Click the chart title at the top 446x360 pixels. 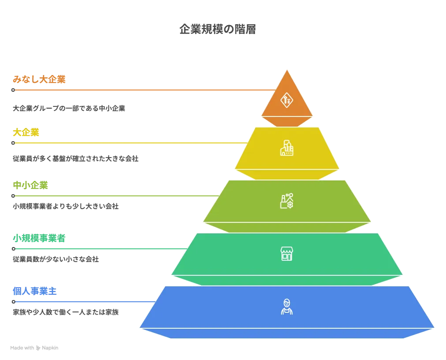(x=217, y=29)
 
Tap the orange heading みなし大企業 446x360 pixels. (x=39, y=80)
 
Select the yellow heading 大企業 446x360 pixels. (x=26, y=132)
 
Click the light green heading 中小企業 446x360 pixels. (x=30, y=185)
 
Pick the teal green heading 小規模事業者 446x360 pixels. (x=39, y=239)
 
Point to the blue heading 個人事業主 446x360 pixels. (x=36, y=291)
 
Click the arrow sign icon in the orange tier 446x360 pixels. (x=287, y=99)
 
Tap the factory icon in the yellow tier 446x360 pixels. (x=287, y=148)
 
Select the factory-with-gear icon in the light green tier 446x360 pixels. (x=287, y=201)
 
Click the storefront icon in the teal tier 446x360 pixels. (x=287, y=254)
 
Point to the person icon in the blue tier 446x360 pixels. (x=287, y=307)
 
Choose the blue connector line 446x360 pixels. (x=84, y=302)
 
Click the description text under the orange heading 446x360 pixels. (x=69, y=107)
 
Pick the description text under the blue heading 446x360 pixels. (x=65, y=313)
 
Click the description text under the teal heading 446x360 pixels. (x=55, y=259)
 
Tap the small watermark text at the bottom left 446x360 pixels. (x=35, y=348)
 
